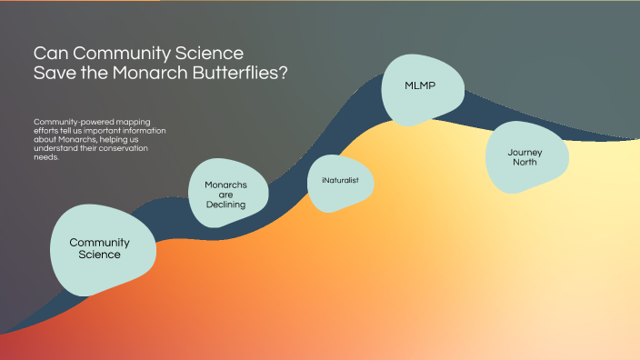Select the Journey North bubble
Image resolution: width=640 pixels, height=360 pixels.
528,157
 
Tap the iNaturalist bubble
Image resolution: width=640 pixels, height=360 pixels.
341,181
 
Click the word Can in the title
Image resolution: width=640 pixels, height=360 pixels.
48,53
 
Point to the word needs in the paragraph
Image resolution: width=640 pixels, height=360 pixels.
45,157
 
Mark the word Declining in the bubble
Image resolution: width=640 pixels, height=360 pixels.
225,205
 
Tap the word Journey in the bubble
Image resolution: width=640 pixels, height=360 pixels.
525,152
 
